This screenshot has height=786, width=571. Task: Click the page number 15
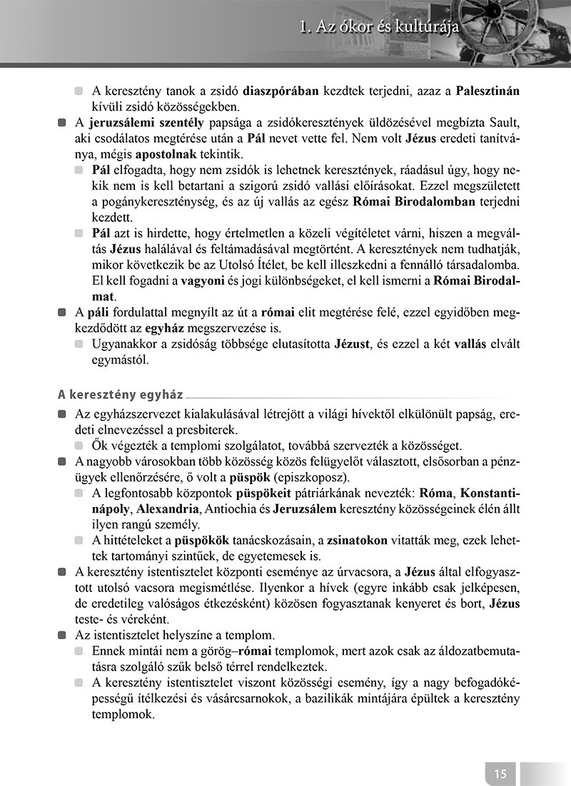[x=500, y=772]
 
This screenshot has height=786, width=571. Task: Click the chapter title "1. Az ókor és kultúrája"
[x=378, y=29]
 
